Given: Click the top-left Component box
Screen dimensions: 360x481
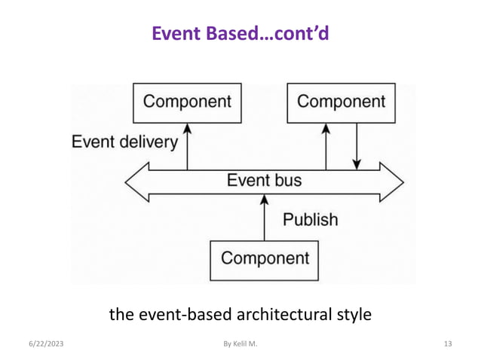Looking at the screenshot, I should point(187,102).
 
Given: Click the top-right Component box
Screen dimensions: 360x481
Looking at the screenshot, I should point(341,102).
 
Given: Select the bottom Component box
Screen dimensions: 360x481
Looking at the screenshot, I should point(264,259).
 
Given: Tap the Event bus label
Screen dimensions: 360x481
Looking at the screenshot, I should point(264,181).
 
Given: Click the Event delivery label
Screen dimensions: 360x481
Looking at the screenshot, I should point(124,142).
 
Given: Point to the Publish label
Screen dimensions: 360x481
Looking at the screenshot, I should point(310,220).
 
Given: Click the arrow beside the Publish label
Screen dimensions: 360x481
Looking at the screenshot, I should point(264,221).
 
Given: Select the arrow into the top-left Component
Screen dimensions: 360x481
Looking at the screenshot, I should point(187,146).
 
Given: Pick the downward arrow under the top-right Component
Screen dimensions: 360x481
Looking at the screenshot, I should point(357,146).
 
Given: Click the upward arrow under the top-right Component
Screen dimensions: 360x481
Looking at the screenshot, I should point(326,146).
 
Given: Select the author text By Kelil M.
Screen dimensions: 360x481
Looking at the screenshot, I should point(240,344).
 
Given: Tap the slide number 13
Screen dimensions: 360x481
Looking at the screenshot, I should point(448,344).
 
